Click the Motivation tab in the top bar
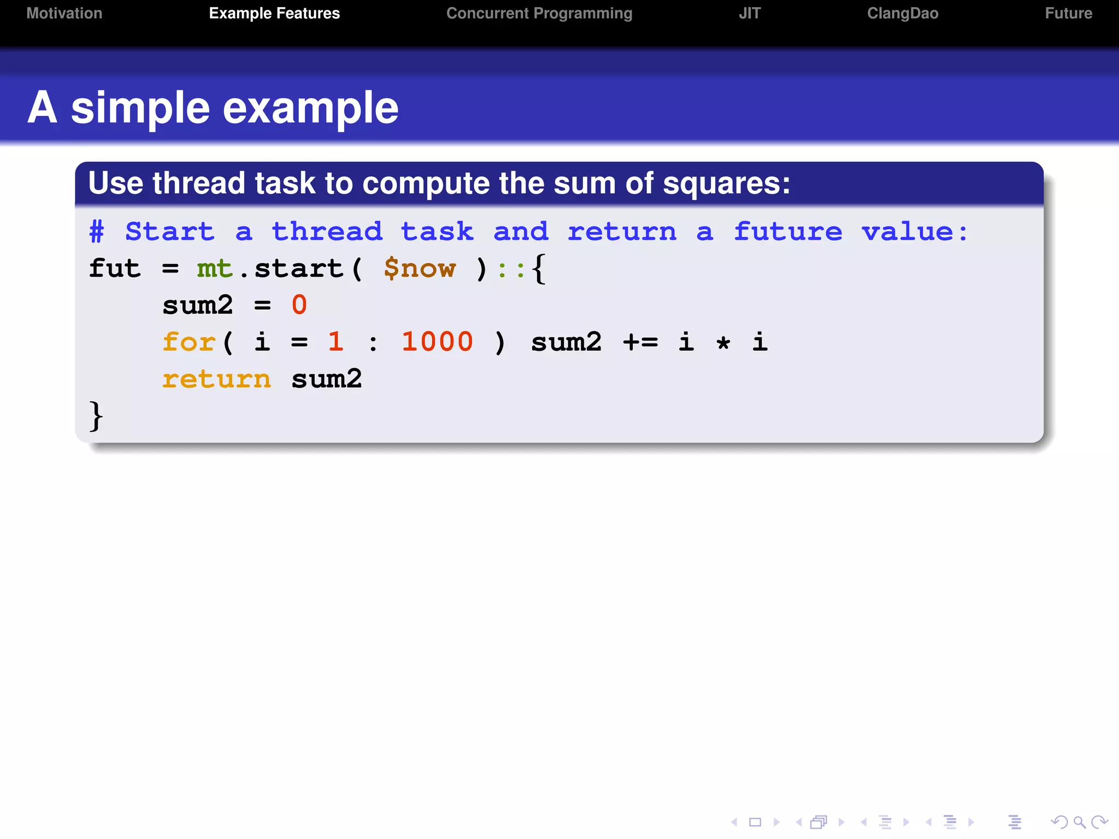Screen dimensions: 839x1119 pos(64,14)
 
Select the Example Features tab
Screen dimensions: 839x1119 pos(274,14)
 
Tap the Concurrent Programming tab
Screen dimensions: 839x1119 pos(539,14)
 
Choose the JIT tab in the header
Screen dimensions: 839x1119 pos(750,14)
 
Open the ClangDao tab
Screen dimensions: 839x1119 pos(903,14)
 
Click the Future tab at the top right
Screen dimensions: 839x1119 pos(1068,14)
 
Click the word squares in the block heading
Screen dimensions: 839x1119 pos(726,183)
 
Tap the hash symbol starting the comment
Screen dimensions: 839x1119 pos(97,232)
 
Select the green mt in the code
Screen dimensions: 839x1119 pos(215,269)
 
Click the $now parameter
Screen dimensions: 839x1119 pos(420,269)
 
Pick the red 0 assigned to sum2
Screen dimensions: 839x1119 pos(299,305)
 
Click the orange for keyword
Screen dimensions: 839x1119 pos(189,342)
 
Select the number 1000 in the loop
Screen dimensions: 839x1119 pos(437,342)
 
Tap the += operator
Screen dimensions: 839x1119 pos(640,342)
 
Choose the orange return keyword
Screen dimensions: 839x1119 pos(216,379)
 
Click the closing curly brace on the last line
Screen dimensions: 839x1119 pos(96,416)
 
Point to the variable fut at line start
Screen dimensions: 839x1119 pos(115,269)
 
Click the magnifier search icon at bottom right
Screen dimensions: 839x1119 pos(1079,822)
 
